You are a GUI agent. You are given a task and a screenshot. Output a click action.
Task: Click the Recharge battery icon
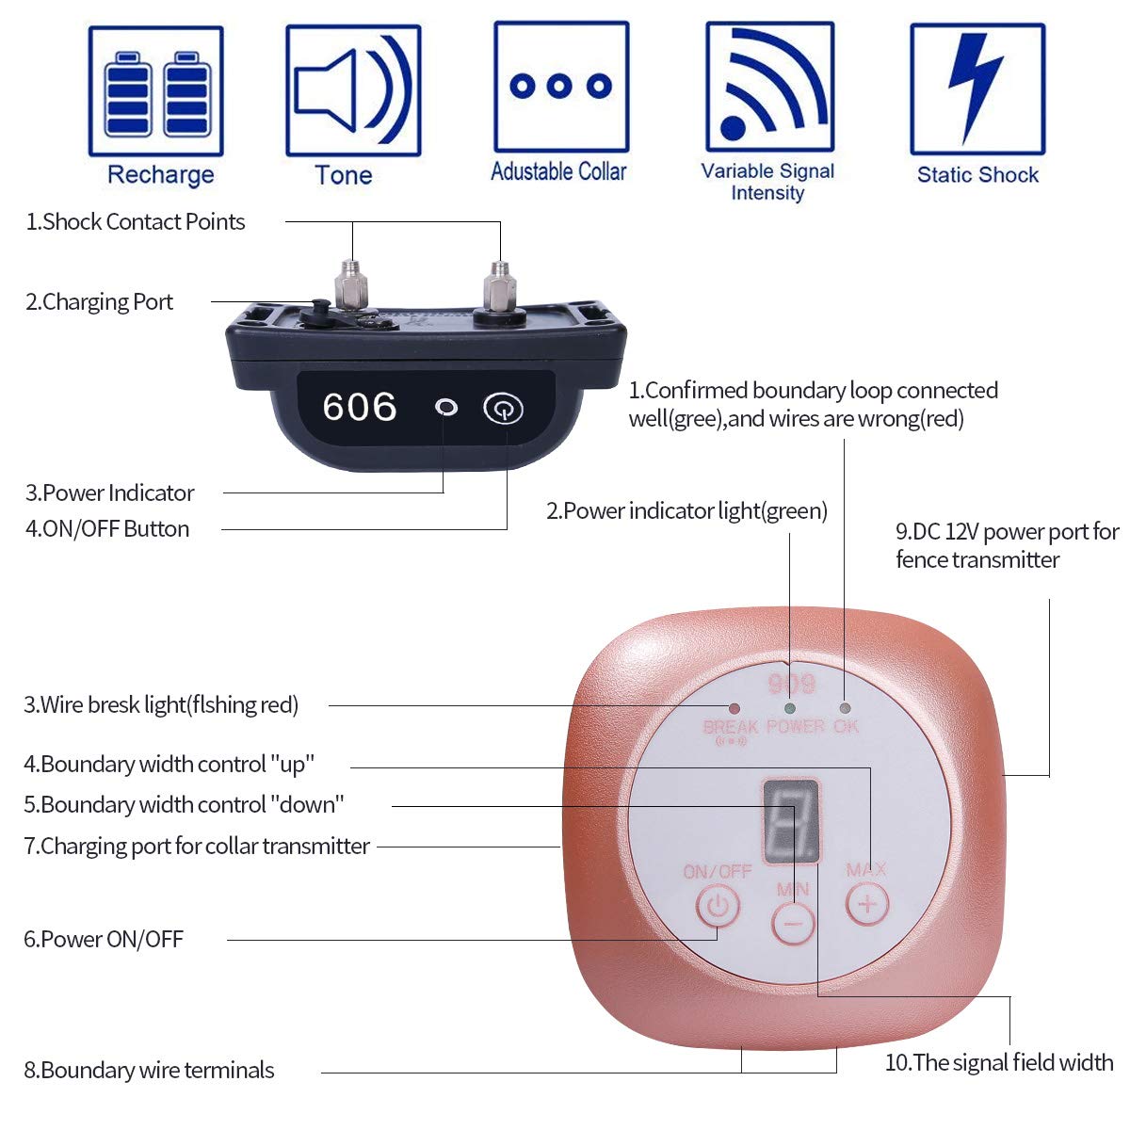point(156,91)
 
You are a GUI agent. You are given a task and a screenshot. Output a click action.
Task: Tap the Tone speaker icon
point(353,90)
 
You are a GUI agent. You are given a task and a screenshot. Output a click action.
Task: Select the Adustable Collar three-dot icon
point(561,87)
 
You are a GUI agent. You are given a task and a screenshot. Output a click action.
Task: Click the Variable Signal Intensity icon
point(770,87)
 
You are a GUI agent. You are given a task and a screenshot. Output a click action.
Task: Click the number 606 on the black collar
point(360,407)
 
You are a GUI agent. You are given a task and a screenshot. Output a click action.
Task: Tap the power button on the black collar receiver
point(503,409)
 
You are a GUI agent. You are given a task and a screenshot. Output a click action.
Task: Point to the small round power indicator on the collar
point(446,407)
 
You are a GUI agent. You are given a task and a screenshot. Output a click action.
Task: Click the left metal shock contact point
point(351,284)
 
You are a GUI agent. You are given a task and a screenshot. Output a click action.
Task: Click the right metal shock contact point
point(499,286)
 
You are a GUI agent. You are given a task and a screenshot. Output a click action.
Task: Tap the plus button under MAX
point(867,904)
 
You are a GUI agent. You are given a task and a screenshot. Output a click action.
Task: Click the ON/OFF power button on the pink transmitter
point(718,906)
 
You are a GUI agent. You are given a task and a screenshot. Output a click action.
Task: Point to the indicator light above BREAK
point(734,707)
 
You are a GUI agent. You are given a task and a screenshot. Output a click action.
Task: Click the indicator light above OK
point(845,708)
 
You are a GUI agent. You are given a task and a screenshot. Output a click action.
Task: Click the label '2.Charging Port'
point(99,302)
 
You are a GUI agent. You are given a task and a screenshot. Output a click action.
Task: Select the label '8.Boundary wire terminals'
point(149,1070)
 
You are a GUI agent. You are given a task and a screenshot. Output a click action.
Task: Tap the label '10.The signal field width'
point(999,1062)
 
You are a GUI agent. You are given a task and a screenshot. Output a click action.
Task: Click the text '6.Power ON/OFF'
point(104,939)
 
